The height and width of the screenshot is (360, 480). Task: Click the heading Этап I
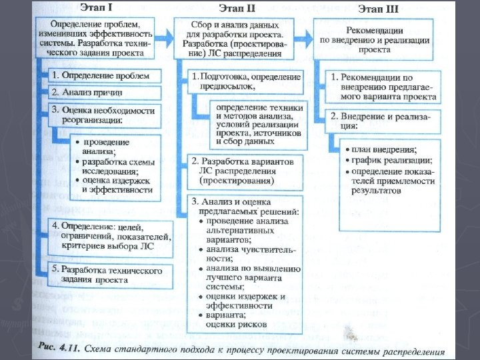[97, 9]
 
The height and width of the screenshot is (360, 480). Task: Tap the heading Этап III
[377, 9]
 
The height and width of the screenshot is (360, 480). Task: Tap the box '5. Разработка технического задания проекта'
[110, 275]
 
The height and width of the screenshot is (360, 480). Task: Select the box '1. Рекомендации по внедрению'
[383, 86]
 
